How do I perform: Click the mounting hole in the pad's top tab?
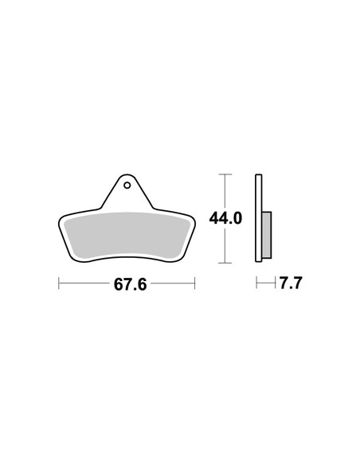click(x=127, y=186)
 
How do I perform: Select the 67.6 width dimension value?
click(x=130, y=285)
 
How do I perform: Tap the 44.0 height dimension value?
click(x=225, y=218)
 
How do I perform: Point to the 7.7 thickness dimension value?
click(x=291, y=283)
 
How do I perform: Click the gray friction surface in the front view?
click(x=127, y=235)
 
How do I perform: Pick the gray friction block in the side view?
click(x=267, y=235)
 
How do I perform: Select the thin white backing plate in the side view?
click(x=259, y=218)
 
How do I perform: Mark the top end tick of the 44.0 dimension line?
click(x=225, y=174)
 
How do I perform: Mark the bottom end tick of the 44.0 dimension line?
click(x=225, y=263)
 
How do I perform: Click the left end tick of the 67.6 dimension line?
click(x=59, y=283)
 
